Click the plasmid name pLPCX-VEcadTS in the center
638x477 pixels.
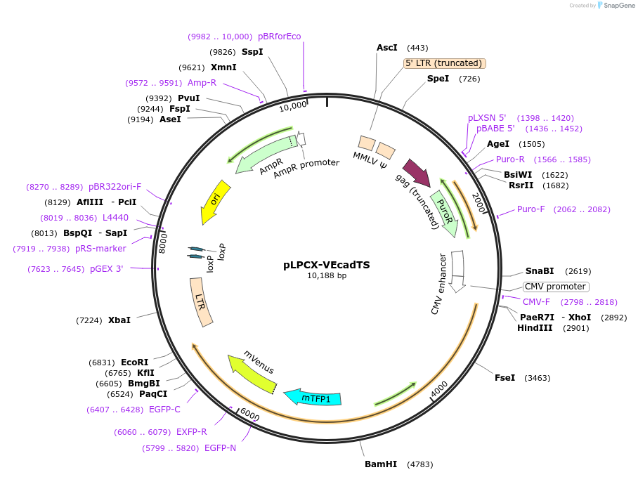[327, 265]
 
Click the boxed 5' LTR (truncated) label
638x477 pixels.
[445, 63]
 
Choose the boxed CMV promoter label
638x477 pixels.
[556, 287]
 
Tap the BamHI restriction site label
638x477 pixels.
[381, 464]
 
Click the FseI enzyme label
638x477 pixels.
[504, 378]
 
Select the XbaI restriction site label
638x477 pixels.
[119, 320]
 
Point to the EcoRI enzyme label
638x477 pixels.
[135, 362]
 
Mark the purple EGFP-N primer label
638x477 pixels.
[220, 447]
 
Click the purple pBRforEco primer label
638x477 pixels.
[279, 37]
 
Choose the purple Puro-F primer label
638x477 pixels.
[530, 209]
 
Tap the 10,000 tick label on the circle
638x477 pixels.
[293, 105]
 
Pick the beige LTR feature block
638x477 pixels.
[201, 302]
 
